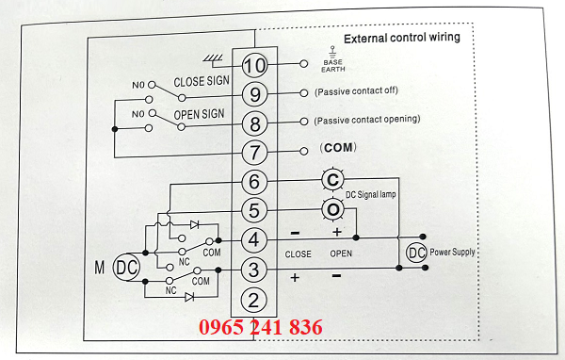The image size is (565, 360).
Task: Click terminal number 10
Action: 254,65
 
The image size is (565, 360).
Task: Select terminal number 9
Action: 254,94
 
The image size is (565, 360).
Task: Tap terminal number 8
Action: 254,123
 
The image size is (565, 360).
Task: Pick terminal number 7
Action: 254,152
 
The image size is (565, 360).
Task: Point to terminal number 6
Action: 254,181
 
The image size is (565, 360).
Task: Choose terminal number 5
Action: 254,209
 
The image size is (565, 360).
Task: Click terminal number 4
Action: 254,239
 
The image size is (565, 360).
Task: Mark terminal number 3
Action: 254,270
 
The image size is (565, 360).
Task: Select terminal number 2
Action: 254,301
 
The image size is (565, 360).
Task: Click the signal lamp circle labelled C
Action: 331,179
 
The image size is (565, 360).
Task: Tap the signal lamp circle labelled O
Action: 332,209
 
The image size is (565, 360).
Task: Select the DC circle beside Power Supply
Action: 415,253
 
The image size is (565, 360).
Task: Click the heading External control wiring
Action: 402,39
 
